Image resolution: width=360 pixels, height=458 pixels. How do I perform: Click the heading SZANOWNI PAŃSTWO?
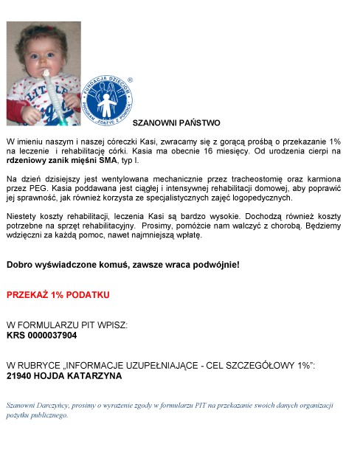click(176, 122)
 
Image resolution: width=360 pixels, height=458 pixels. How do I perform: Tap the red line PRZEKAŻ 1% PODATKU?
click(58, 294)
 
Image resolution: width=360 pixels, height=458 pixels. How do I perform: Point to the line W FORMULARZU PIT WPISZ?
click(67, 325)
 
